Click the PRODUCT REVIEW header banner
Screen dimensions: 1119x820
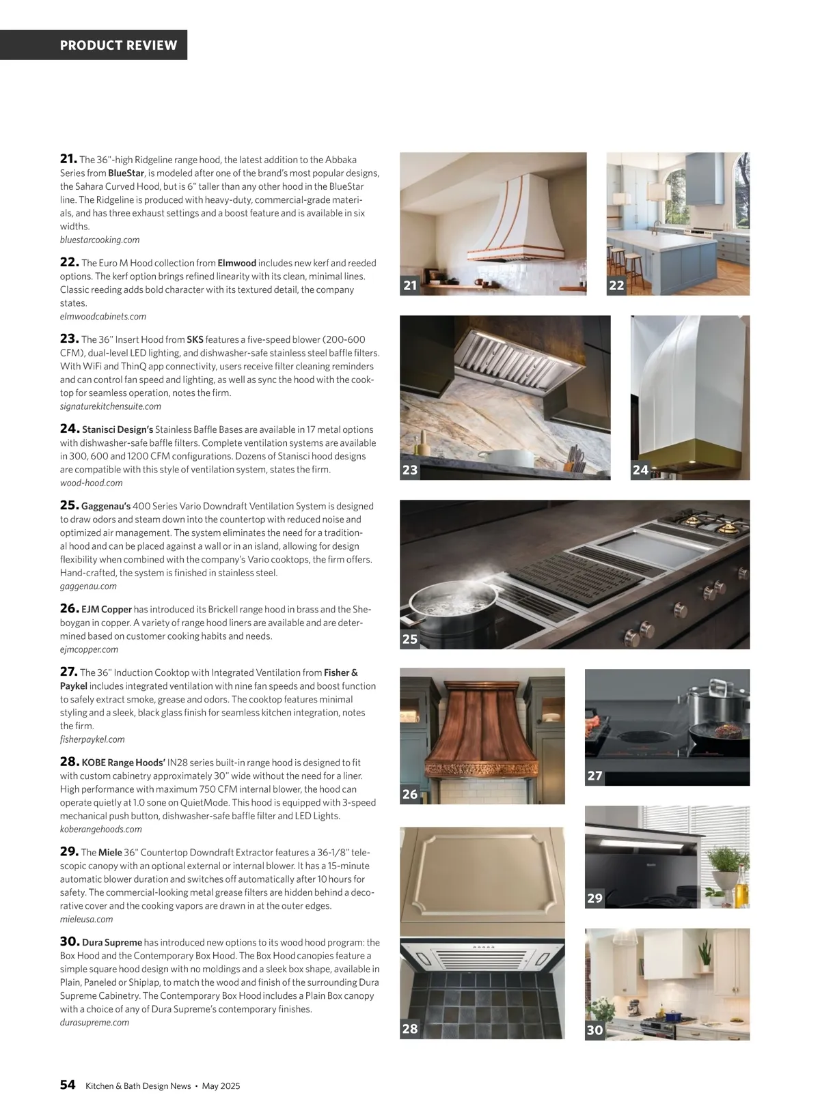118,45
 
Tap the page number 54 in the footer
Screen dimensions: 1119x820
68,1085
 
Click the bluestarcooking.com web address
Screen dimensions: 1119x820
100,240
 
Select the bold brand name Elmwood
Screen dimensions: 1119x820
236,263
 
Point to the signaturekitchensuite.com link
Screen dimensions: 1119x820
111,406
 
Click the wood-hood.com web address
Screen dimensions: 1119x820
92,483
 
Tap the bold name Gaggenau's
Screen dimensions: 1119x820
106,506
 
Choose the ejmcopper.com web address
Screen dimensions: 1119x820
89,649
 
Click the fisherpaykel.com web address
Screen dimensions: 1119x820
92,739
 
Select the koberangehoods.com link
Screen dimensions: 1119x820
101,829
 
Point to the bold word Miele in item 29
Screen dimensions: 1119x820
110,852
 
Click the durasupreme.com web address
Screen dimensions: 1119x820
94,1022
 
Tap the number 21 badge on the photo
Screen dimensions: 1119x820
410,285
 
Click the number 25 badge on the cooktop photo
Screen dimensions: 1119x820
410,639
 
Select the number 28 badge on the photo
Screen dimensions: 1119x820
410,1028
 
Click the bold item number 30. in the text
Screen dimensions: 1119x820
70,941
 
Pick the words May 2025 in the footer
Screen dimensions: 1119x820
221,1086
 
